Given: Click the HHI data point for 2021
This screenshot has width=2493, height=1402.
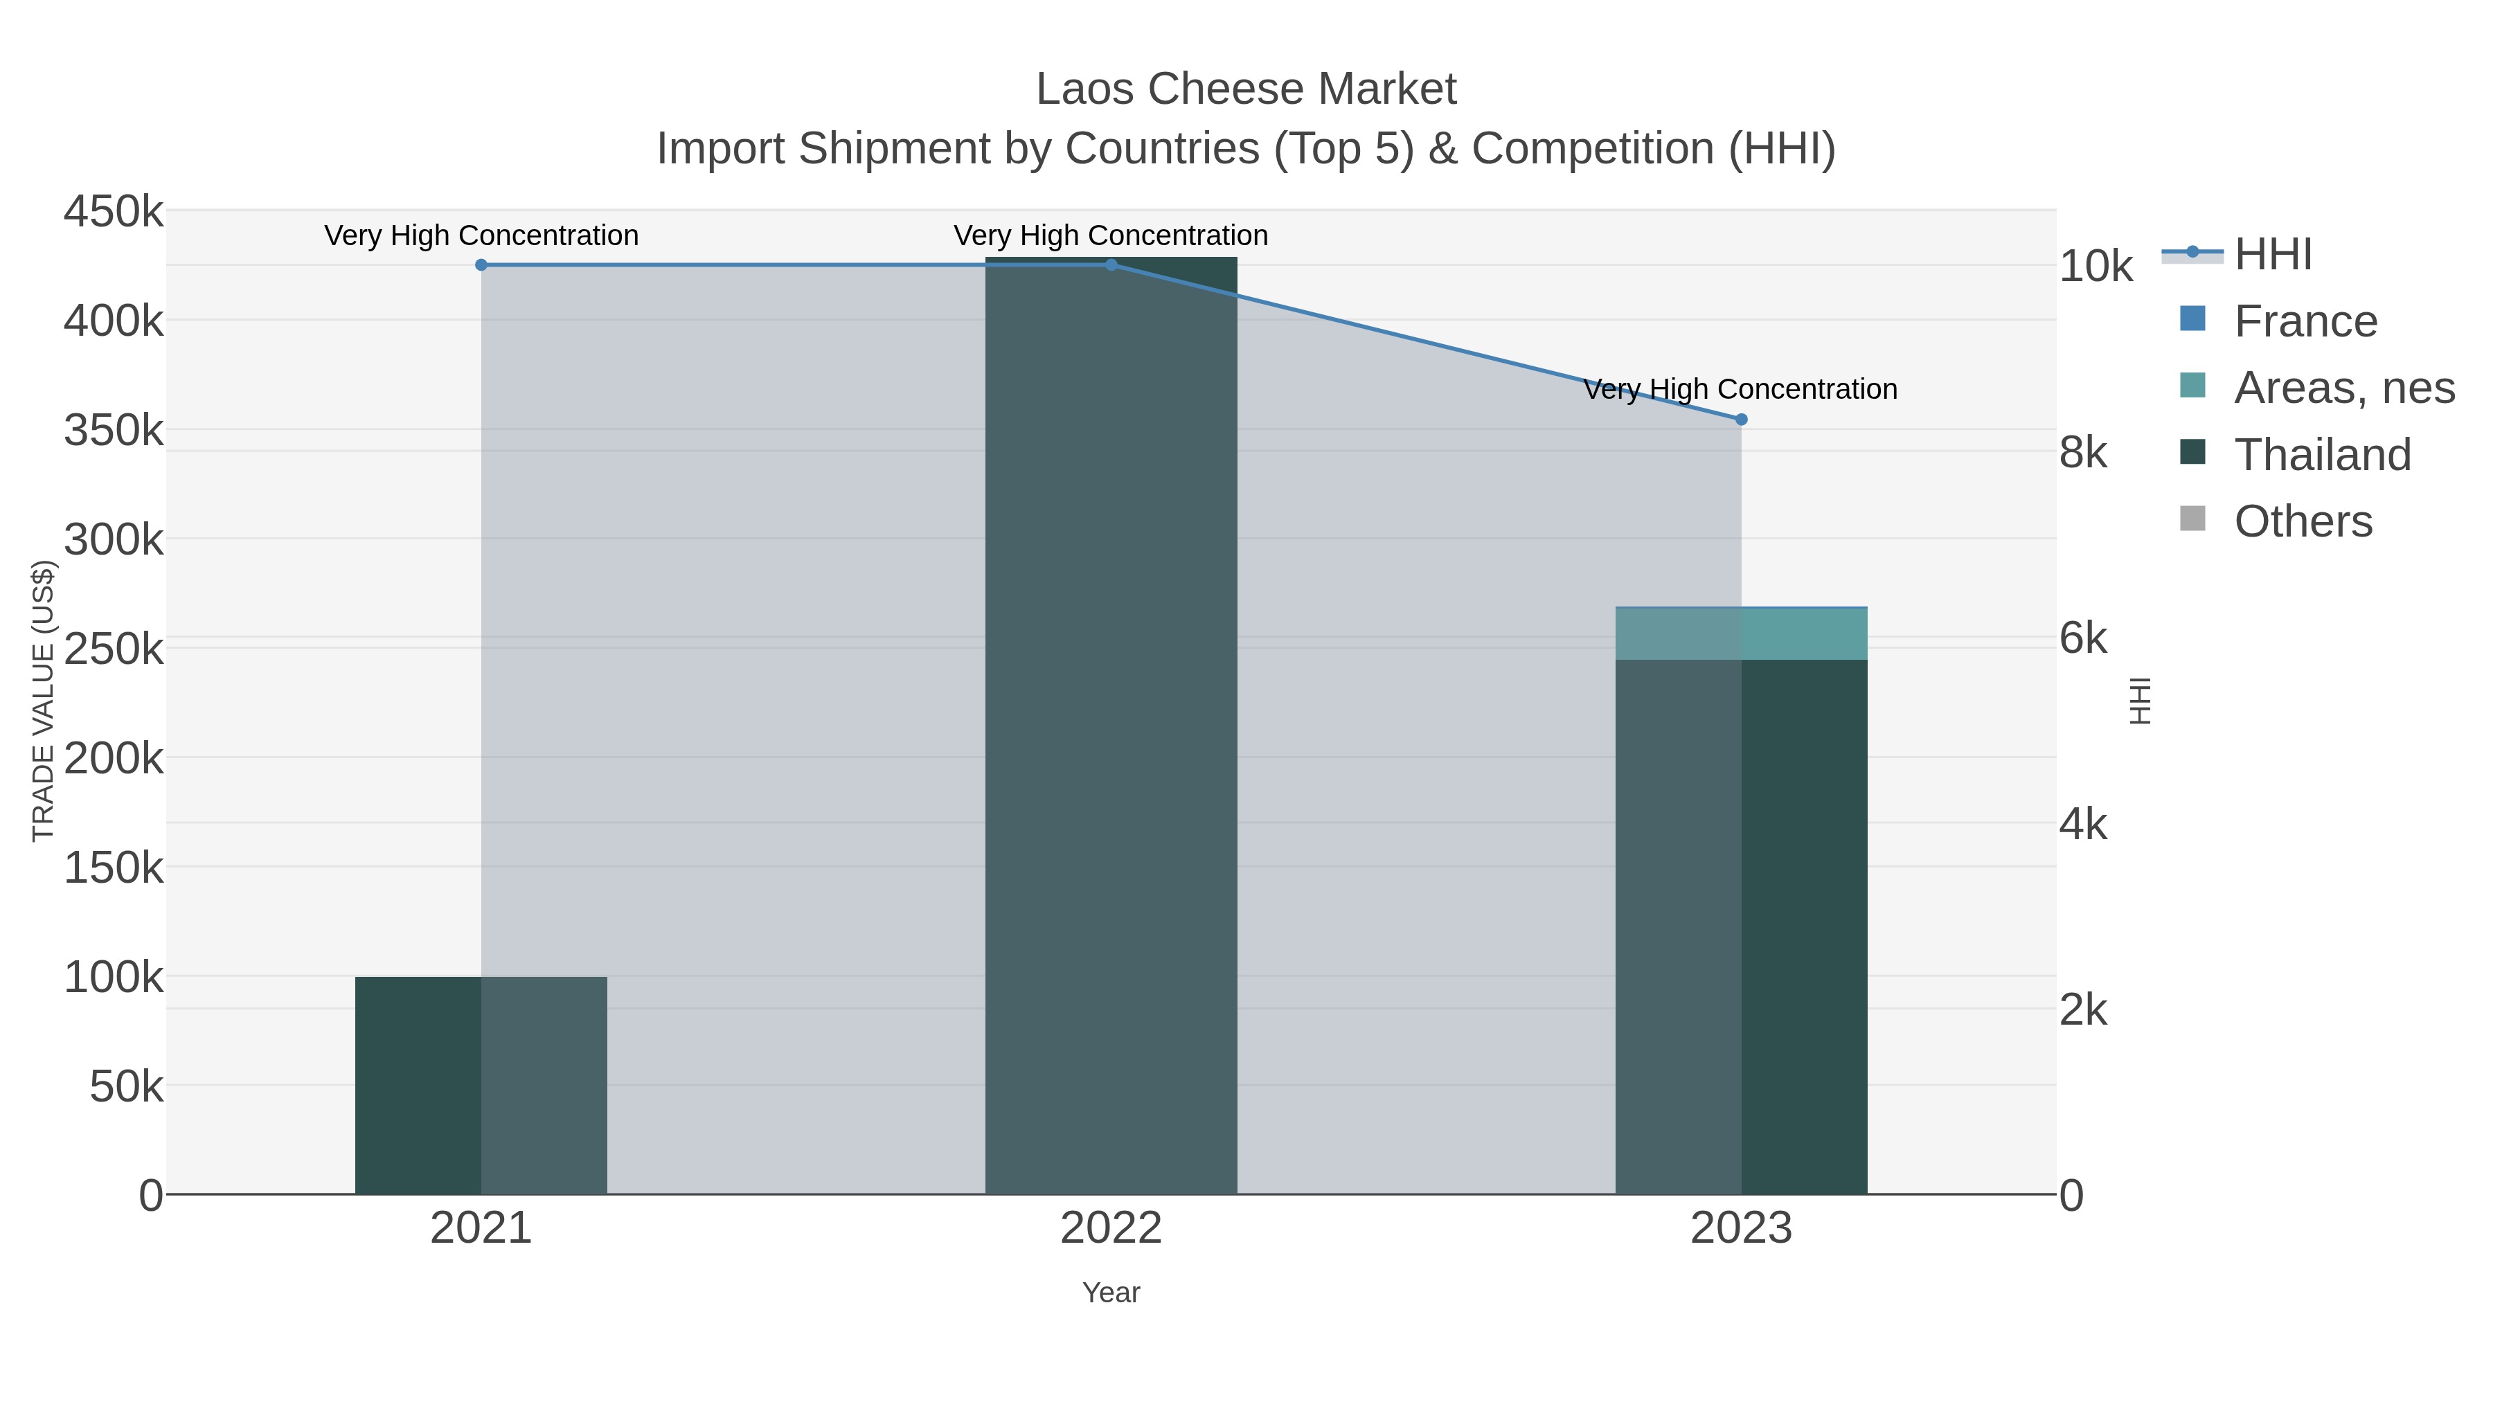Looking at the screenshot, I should [x=481, y=265].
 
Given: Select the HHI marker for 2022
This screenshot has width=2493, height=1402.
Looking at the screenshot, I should [x=1111, y=265].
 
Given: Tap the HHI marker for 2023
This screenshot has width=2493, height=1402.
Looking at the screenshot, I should [x=1741, y=419].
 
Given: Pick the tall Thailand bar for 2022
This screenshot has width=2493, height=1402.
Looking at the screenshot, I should [x=1111, y=726].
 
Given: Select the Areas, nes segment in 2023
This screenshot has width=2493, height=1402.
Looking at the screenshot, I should [x=1741, y=633].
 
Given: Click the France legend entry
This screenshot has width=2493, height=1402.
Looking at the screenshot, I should [x=2305, y=321].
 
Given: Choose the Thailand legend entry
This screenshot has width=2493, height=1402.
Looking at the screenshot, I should [x=2322, y=455].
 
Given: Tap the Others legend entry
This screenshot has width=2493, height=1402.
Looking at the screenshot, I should [x=2303, y=521].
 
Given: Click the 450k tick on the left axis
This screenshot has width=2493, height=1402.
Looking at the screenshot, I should [x=114, y=212].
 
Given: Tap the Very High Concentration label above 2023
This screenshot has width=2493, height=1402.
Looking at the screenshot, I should [x=1740, y=390].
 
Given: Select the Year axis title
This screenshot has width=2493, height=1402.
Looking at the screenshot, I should [x=1111, y=1293].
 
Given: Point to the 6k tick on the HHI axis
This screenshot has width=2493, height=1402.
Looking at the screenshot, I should [x=2082, y=638].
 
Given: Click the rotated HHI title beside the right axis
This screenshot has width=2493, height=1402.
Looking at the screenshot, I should [x=2141, y=701].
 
